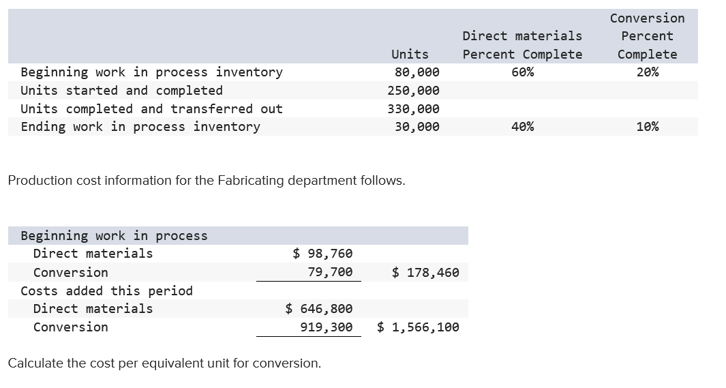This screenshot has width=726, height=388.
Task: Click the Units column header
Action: [410, 54]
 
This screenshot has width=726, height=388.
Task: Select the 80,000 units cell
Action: [417, 72]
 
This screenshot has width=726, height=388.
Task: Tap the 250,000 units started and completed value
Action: [413, 91]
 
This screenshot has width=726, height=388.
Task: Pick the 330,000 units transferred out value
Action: [413, 108]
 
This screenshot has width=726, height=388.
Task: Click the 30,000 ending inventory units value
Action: [417, 127]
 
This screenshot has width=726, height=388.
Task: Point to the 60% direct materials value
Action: [522, 72]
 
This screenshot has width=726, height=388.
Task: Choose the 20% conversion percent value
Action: [647, 72]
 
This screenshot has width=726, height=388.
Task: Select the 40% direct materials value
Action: [522, 127]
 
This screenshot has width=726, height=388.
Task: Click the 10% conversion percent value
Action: [647, 127]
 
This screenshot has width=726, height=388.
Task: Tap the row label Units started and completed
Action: [121, 91]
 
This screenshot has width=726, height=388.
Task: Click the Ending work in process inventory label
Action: [140, 127]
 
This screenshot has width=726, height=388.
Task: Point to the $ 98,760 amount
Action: [322, 254]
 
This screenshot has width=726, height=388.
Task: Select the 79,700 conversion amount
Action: [330, 272]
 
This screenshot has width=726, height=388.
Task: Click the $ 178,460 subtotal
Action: [425, 273]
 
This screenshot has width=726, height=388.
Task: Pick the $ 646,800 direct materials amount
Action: [319, 309]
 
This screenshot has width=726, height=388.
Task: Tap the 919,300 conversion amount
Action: [327, 327]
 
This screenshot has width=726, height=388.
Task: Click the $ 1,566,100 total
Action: [418, 327]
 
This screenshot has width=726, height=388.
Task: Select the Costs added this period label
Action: [106, 291]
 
